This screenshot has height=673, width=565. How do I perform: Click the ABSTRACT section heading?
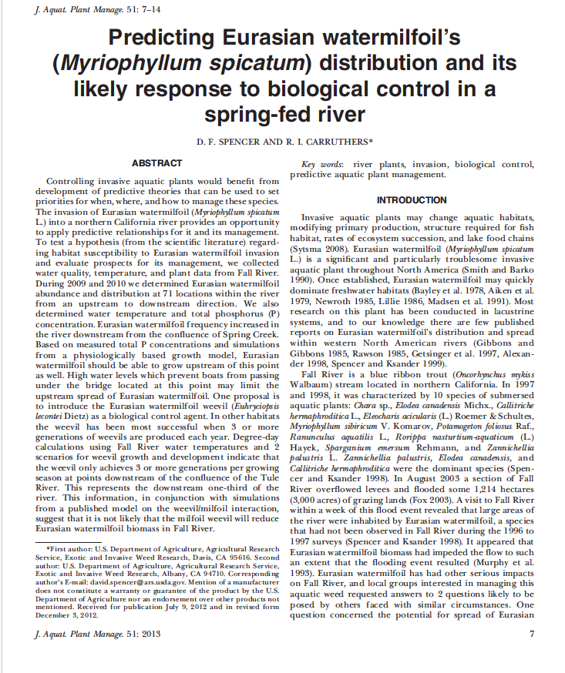[x=156, y=163]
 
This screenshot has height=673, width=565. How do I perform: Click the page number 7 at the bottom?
[x=532, y=634]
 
